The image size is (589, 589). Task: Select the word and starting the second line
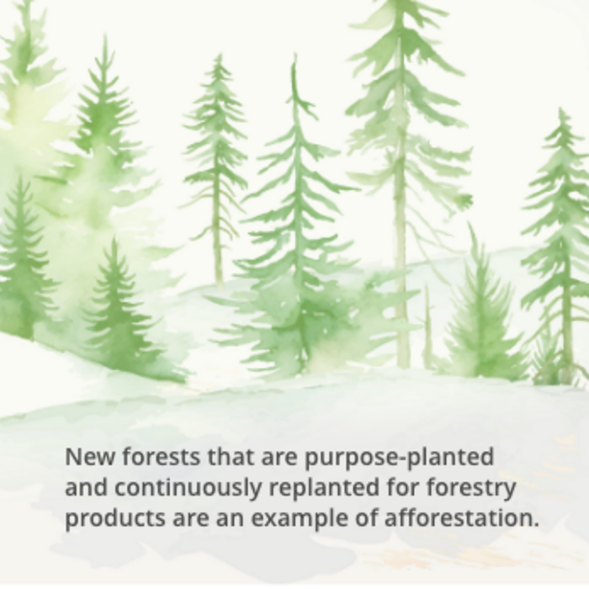point(85,488)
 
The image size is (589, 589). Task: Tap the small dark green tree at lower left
point(118,311)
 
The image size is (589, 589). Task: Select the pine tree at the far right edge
point(562,244)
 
